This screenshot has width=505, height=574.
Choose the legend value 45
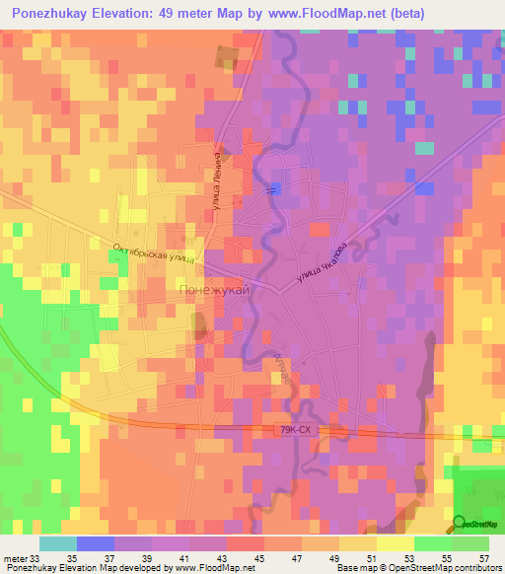click(234, 557)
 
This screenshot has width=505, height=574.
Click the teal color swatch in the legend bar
click(58, 543)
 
